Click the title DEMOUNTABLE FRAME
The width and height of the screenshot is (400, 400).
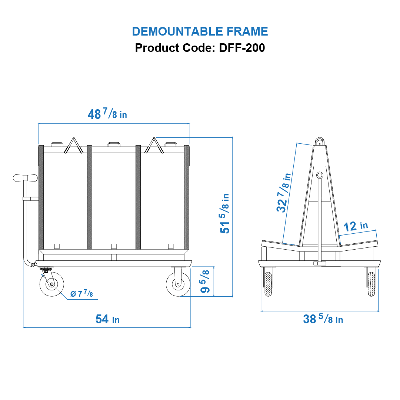click(200, 31)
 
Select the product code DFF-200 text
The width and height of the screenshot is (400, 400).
click(200, 48)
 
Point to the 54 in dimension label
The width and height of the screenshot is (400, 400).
click(107, 319)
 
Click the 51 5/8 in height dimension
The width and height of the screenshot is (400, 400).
click(225, 213)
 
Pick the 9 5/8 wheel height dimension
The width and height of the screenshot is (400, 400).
click(205, 281)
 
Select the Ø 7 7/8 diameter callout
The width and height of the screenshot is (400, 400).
click(81, 294)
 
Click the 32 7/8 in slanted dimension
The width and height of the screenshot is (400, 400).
click(284, 193)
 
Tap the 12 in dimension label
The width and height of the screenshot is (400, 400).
click(355, 226)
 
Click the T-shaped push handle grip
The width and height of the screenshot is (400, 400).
click(25, 178)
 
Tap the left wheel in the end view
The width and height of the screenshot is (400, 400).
click(267, 284)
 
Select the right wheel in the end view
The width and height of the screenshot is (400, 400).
click(371, 284)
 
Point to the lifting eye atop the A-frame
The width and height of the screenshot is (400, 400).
click(320, 141)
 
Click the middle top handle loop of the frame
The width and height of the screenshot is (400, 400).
click(113, 144)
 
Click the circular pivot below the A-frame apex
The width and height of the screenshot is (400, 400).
click(320, 175)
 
